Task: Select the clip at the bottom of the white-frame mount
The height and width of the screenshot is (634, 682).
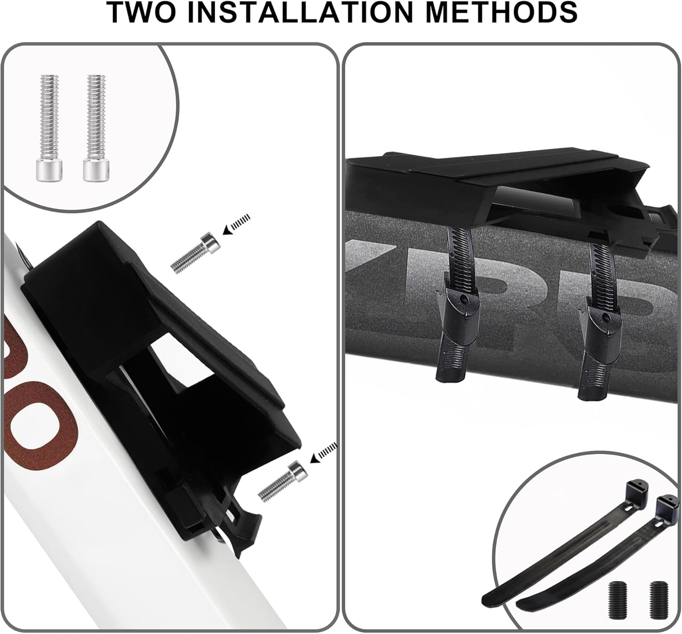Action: pos(241,527)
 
